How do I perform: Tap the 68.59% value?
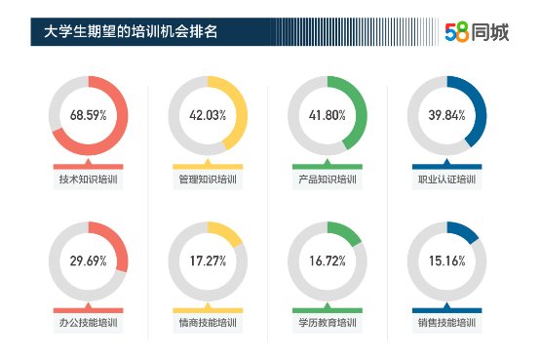tap(88, 115)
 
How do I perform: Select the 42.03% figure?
tap(208, 115)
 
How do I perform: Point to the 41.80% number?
tap(328, 115)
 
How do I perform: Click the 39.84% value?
tap(446, 115)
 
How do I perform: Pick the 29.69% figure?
tap(88, 261)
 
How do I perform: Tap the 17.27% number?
tap(208, 261)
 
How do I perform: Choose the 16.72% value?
tap(328, 261)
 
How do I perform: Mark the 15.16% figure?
tap(446, 261)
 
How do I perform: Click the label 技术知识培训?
tap(88, 180)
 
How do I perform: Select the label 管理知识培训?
tap(208, 180)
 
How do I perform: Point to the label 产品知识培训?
tap(328, 180)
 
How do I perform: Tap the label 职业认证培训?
tap(446, 180)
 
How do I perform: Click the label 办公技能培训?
tap(88, 323)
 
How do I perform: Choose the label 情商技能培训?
tap(208, 323)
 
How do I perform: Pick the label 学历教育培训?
tap(328, 323)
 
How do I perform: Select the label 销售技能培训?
tap(446, 323)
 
